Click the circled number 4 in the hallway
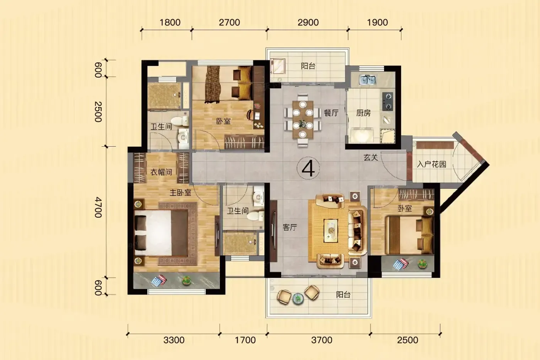[x=308, y=168]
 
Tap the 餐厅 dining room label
[x=331, y=113]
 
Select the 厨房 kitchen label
[x=363, y=113]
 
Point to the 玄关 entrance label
[x=371, y=157]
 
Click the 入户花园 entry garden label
[x=432, y=164]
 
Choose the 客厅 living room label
[x=290, y=227]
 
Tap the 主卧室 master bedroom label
[x=181, y=193]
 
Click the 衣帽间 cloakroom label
[x=161, y=172]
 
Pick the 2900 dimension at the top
[x=308, y=22]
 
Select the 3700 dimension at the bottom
[x=322, y=340]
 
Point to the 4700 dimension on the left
[x=98, y=207]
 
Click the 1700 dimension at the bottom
[x=245, y=340]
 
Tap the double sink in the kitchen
[x=367, y=79]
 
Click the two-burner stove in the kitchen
[x=388, y=101]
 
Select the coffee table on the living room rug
[x=331, y=230]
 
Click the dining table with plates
[x=303, y=120]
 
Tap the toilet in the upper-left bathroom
[x=181, y=121]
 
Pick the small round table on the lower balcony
[x=298, y=299]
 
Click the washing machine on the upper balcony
[x=278, y=66]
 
